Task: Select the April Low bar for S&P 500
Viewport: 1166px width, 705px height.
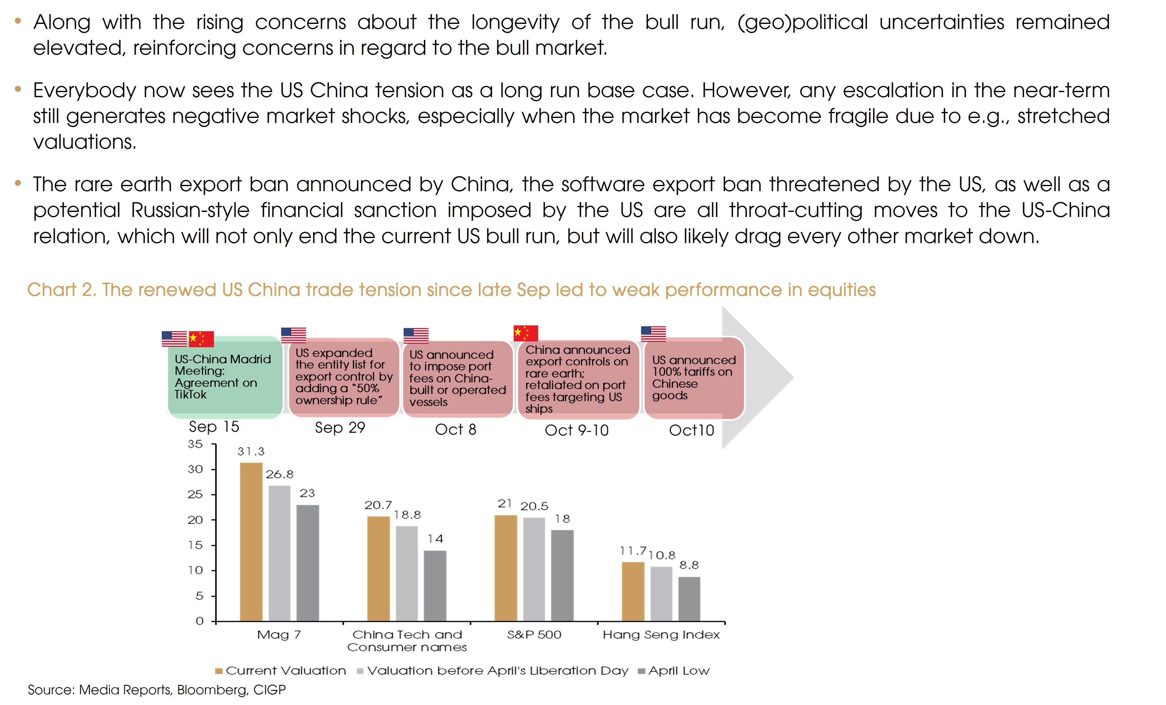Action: (562, 575)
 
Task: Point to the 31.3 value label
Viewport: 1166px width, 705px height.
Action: (251, 452)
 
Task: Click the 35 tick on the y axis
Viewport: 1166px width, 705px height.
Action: (195, 444)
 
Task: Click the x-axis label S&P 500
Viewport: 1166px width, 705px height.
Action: (534, 635)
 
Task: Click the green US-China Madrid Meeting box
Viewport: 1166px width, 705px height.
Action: (225, 377)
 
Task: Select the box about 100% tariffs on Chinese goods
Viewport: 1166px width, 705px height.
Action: (694, 378)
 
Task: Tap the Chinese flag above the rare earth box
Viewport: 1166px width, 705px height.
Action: (526, 333)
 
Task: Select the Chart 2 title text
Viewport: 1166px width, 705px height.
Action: (451, 290)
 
